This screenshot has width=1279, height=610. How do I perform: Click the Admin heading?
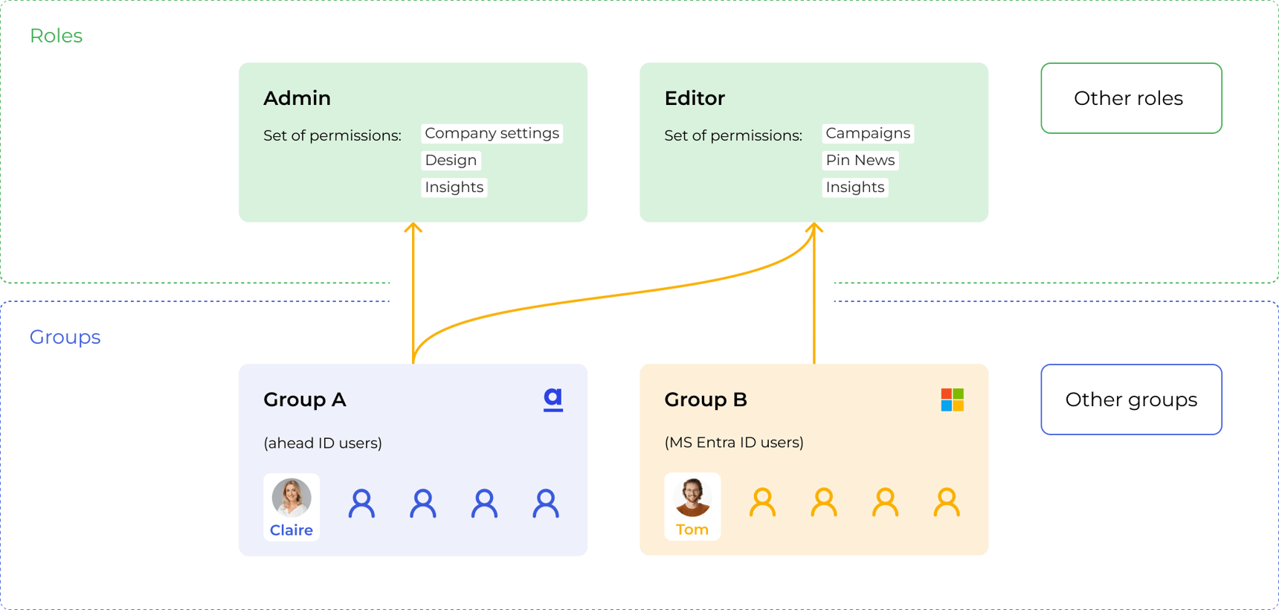(297, 98)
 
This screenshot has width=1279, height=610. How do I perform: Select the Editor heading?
(695, 98)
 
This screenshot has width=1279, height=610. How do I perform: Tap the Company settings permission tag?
(492, 133)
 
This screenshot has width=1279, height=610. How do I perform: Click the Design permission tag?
(451, 160)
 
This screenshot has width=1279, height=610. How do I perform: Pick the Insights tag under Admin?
(454, 187)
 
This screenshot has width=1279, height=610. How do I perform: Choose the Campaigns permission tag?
(868, 133)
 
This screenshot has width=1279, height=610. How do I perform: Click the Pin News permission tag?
(860, 160)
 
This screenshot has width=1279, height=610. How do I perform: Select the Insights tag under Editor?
(855, 187)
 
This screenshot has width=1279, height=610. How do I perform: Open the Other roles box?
(1130, 98)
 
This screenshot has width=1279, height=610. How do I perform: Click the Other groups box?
(1130, 399)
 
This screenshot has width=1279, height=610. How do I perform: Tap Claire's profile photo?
(291, 498)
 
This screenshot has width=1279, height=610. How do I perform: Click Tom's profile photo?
(692, 497)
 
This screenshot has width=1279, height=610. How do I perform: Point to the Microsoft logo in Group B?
(952, 399)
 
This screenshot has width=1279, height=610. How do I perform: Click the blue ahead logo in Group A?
(552, 399)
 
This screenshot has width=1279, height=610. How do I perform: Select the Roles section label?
(57, 36)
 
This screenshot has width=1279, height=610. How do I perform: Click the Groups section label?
(65, 337)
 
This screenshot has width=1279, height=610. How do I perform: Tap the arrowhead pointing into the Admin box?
(413, 228)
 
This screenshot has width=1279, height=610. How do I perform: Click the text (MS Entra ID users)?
(734, 443)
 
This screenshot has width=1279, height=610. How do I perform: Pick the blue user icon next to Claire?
(362, 504)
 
